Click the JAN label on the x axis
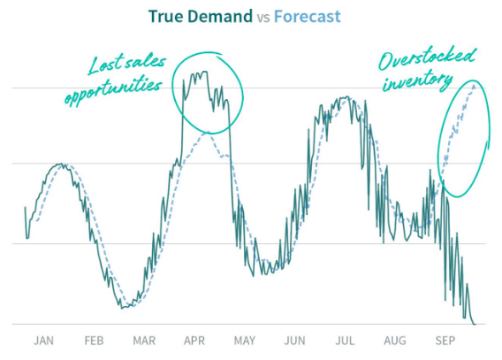coord(44,341)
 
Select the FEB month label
coord(95,341)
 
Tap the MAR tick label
coord(144,341)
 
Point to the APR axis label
coord(194,341)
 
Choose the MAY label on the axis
coord(245,341)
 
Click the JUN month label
coord(295,341)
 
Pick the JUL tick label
coord(346,341)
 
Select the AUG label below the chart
coord(396,341)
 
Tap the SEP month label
coord(445,341)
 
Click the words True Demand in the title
coord(200,17)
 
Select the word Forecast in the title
coord(307,17)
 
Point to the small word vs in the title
coord(263,18)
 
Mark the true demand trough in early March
coord(126,307)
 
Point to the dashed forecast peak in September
coord(475,84)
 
